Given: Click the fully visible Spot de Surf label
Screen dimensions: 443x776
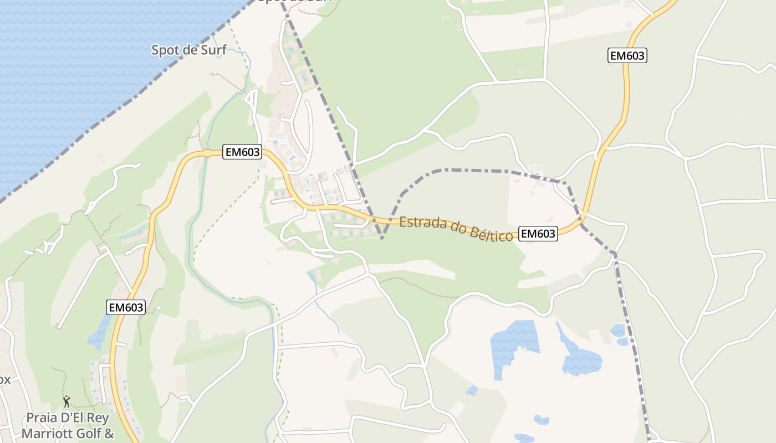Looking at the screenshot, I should click(188, 50).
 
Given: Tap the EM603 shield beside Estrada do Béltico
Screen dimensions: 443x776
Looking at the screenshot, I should click(538, 234).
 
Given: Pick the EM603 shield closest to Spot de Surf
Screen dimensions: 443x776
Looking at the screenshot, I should click(242, 152).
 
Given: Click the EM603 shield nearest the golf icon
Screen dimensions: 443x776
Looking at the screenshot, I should click(126, 307).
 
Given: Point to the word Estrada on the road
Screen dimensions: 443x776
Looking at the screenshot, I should click(423, 223).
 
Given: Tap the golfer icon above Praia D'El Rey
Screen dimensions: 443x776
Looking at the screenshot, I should click(67, 400).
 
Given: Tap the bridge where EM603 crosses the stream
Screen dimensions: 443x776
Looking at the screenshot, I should click(206, 153).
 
